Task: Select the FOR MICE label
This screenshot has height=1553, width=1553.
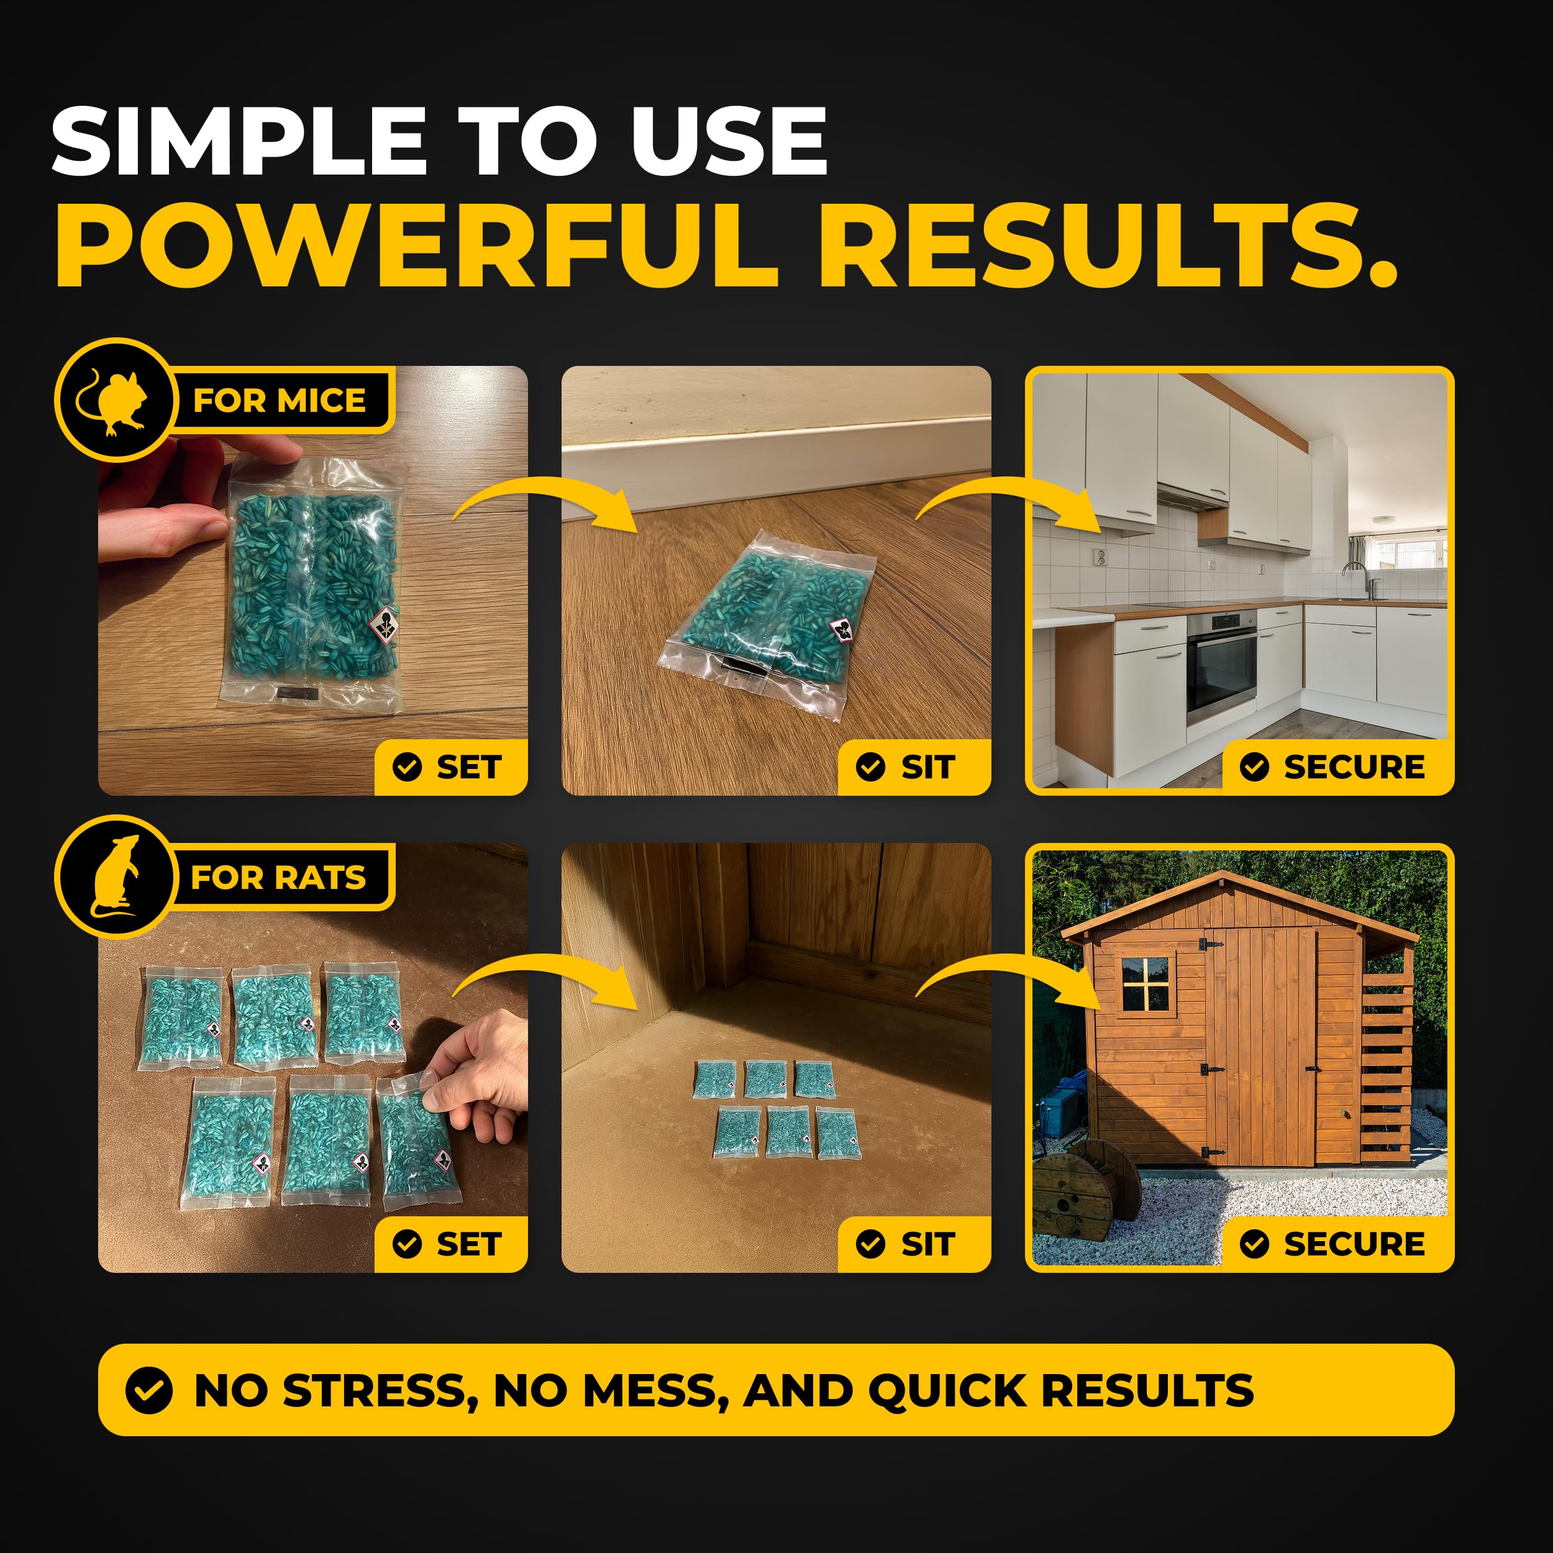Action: pos(279,399)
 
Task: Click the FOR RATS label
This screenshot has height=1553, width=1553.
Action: pos(278,877)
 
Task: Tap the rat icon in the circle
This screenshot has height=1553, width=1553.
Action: pos(115,876)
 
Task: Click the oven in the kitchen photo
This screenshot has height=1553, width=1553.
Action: pos(1221,667)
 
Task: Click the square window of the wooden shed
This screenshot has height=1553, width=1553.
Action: pos(1145,983)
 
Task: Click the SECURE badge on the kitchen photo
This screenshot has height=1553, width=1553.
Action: pos(1337,767)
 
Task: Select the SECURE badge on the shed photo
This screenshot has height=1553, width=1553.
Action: pos(1337,1244)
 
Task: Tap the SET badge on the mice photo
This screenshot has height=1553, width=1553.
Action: pos(451,767)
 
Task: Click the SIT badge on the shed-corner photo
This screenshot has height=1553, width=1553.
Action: pos(914,1244)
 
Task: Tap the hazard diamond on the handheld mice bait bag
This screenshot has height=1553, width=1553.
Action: pos(386,624)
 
